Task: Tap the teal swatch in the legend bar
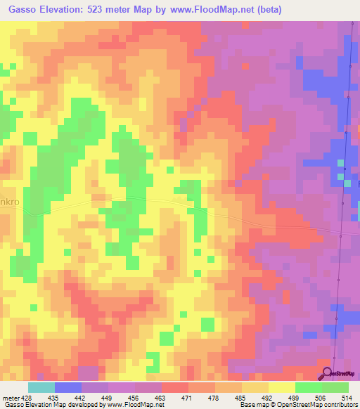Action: [41, 387]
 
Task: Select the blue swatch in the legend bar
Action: [67, 387]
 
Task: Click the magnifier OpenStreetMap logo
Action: [326, 373]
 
